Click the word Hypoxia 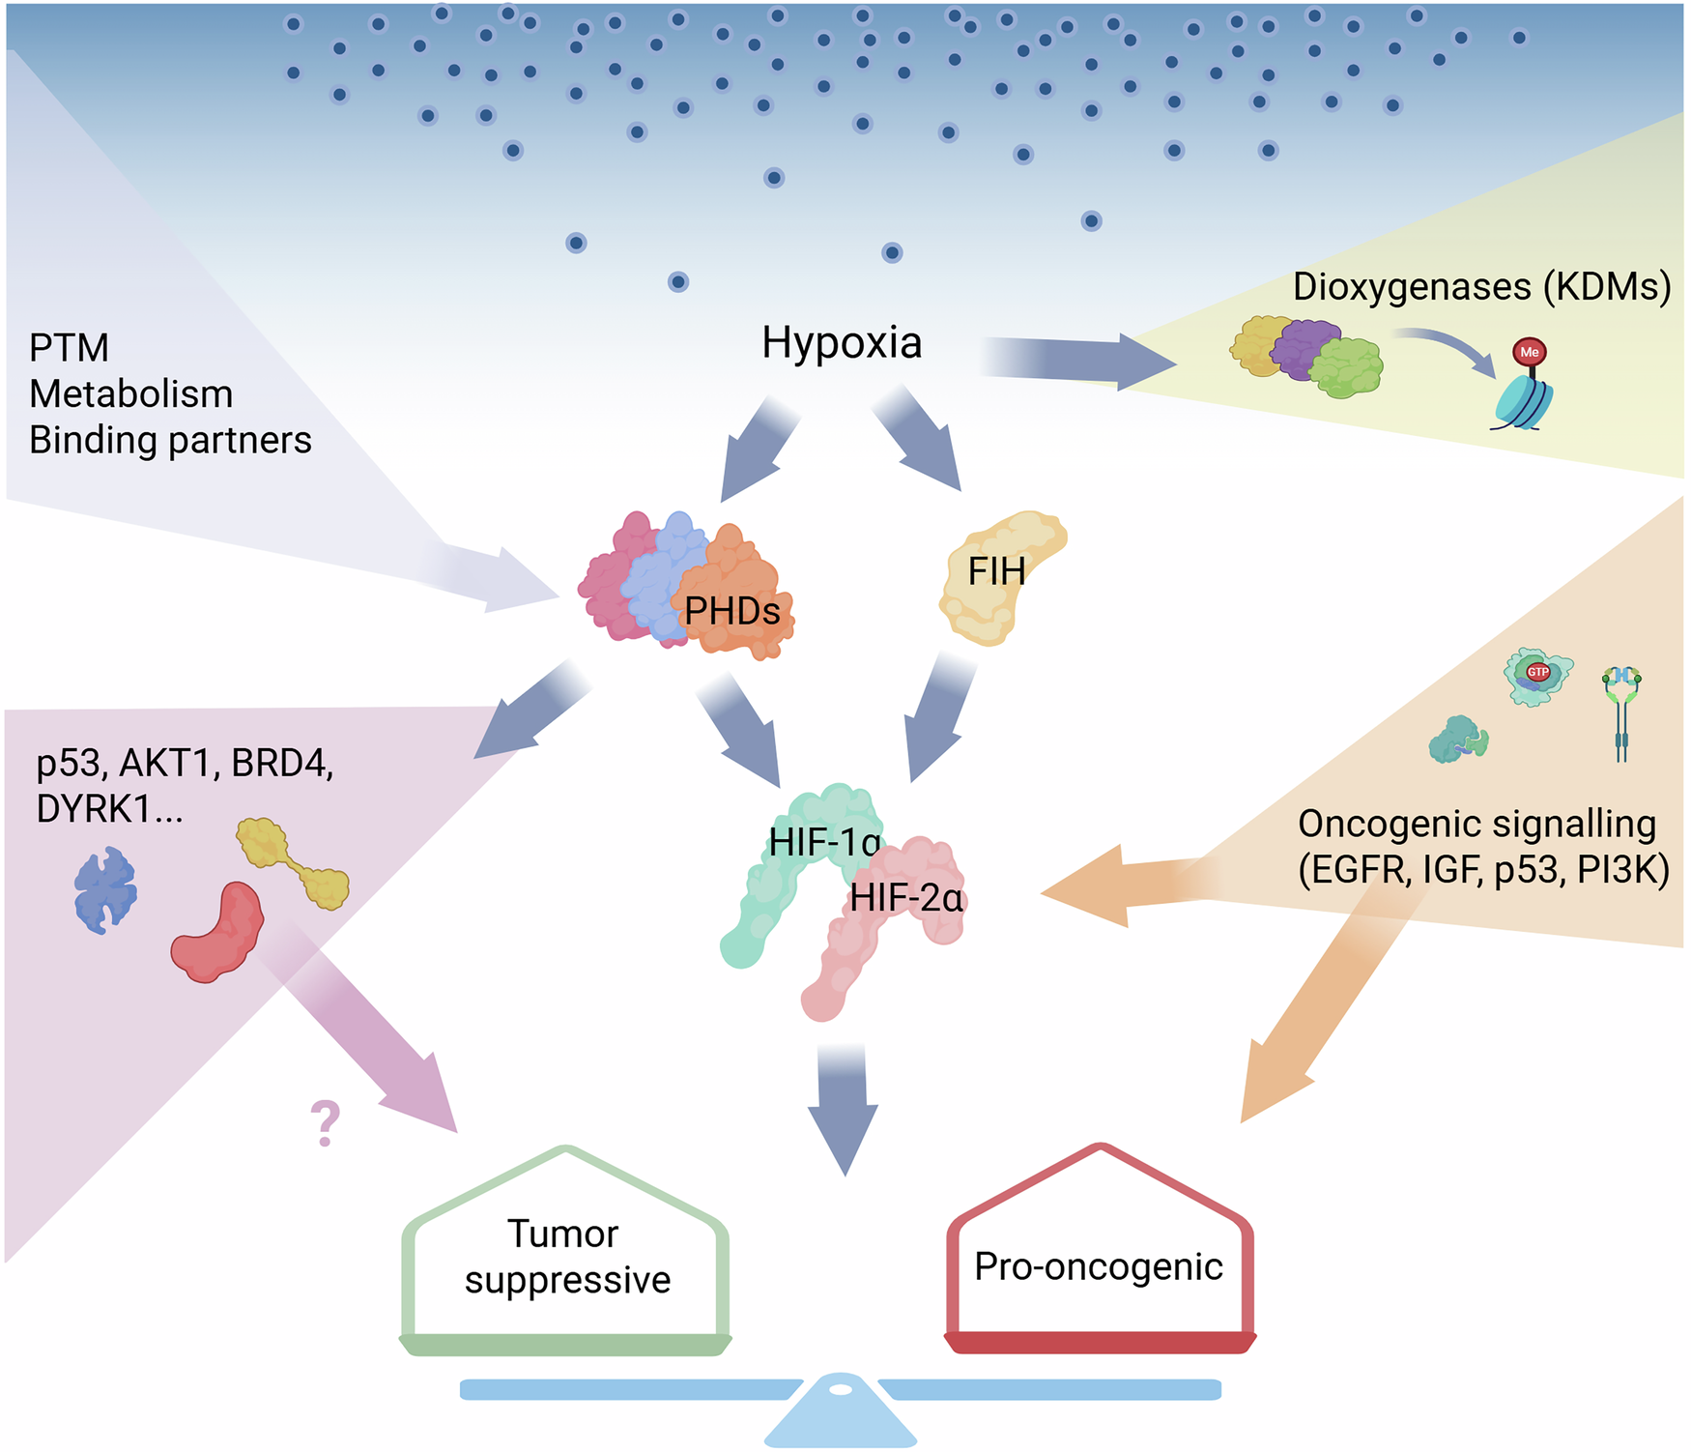coord(842,343)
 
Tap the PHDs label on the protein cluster coord(731,611)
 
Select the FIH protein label coord(996,571)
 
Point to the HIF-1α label coord(824,843)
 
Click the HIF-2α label coord(906,899)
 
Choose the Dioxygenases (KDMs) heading coord(1481,287)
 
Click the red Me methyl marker coord(1529,352)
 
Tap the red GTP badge coord(1537,672)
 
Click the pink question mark coord(326,1123)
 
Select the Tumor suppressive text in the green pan coord(566,1257)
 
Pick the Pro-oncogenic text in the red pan coord(1099,1266)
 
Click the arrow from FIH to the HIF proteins coord(939,715)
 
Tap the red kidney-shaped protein coord(220,933)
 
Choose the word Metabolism coord(130,394)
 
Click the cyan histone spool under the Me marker coord(1523,402)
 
